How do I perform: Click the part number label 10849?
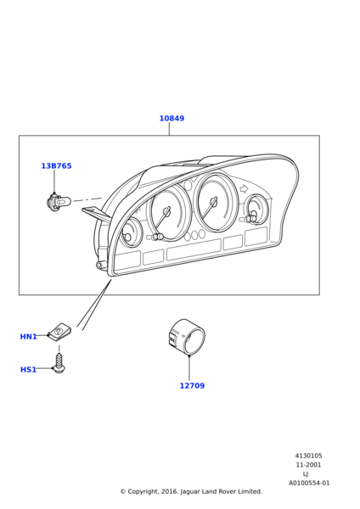tap(172, 119)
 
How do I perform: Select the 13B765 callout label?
tap(56, 166)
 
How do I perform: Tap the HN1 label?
tap(29, 337)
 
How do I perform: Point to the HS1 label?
tap(28, 369)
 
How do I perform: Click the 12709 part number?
tap(192, 386)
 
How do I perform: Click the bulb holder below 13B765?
tap(59, 202)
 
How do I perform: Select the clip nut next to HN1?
tap(59, 332)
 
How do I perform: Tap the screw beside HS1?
tap(59, 363)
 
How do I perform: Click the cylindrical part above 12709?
tap(187, 337)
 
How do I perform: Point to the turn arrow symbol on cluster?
tap(243, 189)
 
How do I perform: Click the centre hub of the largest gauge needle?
tap(213, 202)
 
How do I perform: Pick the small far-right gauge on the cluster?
tap(257, 210)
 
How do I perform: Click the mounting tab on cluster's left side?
tap(96, 215)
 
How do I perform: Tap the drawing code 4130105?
tap(309, 456)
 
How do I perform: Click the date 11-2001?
tap(308, 465)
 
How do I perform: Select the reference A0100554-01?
tap(309, 483)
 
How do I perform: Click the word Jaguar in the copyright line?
tap(189, 491)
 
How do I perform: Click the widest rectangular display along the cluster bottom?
tap(194, 249)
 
